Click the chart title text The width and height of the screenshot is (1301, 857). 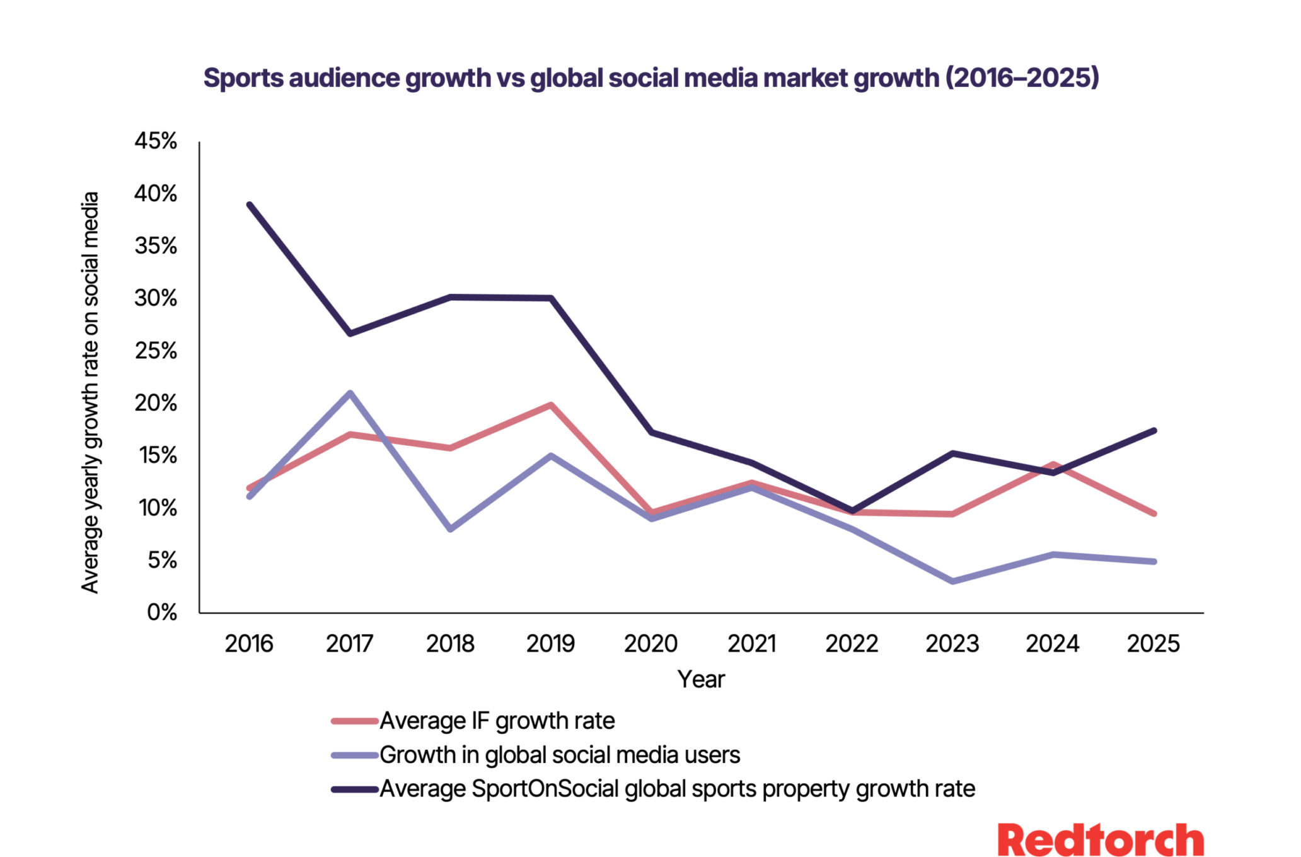point(650,78)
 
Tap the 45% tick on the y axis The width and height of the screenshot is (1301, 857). point(156,141)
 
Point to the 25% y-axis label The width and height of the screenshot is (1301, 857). point(156,351)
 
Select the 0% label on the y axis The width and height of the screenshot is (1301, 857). point(162,612)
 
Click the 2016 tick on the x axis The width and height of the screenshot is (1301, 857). point(249,644)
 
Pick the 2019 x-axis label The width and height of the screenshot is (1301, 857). point(550,644)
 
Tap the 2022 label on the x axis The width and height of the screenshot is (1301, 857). point(852,644)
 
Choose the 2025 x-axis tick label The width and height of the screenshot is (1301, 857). point(1153,644)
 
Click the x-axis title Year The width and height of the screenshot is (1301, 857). point(701,679)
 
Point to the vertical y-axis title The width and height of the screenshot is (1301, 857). point(90,392)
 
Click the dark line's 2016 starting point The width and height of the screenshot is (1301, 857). point(250,205)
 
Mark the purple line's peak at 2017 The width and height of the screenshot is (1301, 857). point(350,393)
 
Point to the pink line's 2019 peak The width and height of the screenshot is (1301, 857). point(550,405)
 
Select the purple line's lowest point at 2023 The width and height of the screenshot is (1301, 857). point(952,581)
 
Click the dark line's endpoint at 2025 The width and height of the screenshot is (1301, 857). point(1154,431)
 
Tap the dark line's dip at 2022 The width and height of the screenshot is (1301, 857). point(852,511)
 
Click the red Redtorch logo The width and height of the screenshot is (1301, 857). point(1101,841)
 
